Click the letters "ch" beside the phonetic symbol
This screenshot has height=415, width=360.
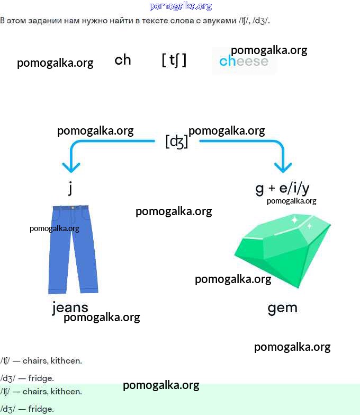122,60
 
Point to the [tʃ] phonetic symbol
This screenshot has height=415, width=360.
174,60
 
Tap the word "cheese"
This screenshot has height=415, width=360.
244,61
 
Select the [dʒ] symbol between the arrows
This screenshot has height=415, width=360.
177,142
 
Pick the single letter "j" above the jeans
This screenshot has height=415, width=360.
70,188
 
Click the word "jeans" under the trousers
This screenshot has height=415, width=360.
70,307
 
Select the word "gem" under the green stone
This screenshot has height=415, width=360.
282,308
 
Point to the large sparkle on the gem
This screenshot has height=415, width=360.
294,219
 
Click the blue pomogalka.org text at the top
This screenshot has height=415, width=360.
181,6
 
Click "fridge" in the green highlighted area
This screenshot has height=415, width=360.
41,409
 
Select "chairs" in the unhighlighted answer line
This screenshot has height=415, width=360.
34,361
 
